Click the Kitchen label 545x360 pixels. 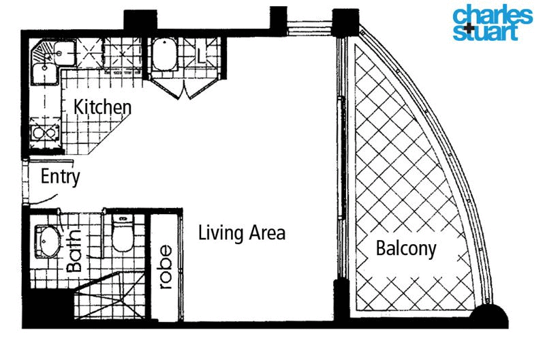click(102, 108)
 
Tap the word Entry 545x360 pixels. click(61, 177)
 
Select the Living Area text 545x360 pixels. click(241, 233)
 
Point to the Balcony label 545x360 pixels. click(406, 249)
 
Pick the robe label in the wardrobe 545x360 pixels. click(164, 273)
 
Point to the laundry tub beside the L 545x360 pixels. click(164, 56)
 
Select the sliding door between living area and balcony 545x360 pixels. click(340, 157)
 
